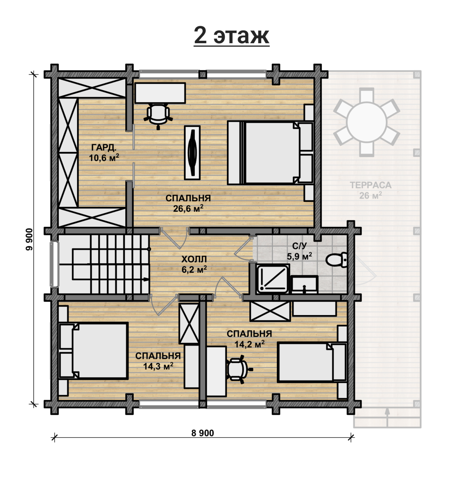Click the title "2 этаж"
[231, 36]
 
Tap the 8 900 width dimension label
[203, 433]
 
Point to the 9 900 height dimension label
[29, 239]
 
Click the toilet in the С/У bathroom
[336, 260]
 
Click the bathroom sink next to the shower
[304, 284]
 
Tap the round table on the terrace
[367, 122]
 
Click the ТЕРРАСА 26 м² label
[371, 190]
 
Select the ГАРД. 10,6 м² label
[104, 153]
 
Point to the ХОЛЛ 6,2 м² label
[194, 264]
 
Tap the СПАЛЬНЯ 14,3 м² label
[158, 361]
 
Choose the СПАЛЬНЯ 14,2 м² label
[249, 339]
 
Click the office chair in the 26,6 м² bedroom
[158, 115]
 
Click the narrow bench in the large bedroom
[192, 153]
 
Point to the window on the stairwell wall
[54, 264]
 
